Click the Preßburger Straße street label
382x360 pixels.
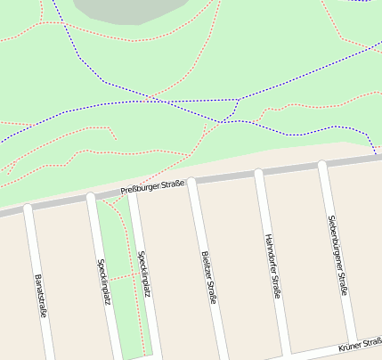click(x=152, y=188)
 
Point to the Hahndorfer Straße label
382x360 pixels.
click(x=272, y=266)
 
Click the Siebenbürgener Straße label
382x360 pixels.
click(x=337, y=255)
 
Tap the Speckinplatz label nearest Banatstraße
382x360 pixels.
click(x=103, y=282)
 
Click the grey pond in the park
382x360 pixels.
click(x=125, y=9)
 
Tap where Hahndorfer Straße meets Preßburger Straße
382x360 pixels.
click(x=257, y=173)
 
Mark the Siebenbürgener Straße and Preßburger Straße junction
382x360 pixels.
click(x=322, y=165)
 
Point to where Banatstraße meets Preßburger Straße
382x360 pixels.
click(x=27, y=208)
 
